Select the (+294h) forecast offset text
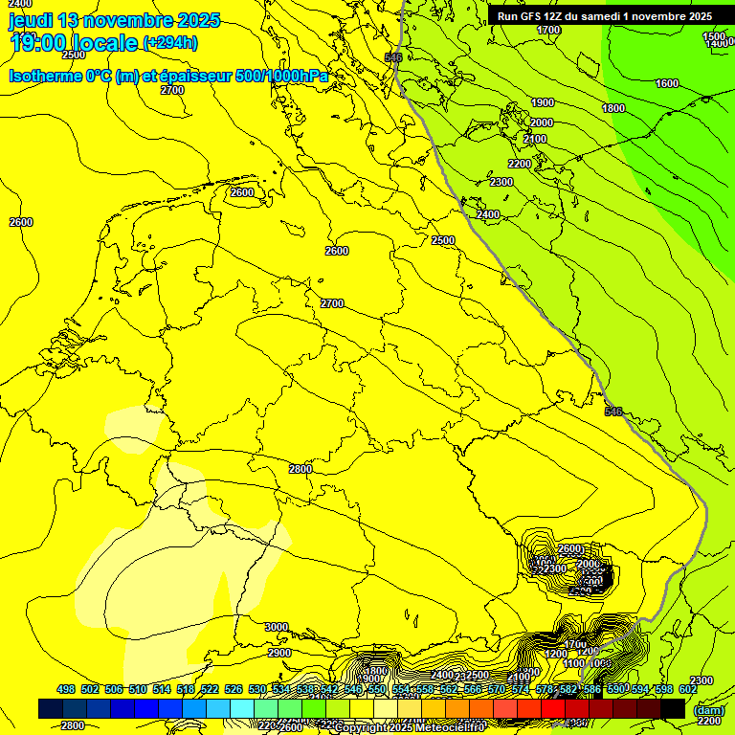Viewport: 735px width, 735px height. pos(170,42)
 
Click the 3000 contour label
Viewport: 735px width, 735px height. pos(276,627)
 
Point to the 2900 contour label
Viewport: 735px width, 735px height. pos(279,653)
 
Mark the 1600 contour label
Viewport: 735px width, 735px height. pos(667,83)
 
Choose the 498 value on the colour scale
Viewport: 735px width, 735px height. pos(66,689)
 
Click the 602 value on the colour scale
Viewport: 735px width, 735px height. pos(687,689)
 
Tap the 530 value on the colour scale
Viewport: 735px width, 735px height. pos(257,689)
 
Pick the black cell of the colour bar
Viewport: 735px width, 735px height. pos(673,708)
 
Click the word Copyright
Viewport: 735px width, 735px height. pos(361,728)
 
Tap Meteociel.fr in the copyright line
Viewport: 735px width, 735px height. pos(455,728)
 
